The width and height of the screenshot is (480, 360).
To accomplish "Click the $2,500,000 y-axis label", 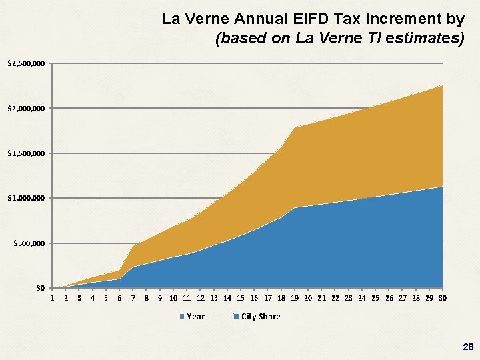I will [25, 64].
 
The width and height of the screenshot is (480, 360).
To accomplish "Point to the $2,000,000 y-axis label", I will [25, 109].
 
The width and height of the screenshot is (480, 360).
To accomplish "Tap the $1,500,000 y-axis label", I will [25, 154].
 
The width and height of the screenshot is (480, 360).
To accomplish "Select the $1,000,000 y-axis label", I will [25, 199].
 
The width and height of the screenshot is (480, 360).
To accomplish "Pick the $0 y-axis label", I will [40, 288].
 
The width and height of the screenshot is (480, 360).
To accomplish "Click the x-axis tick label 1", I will [52, 298].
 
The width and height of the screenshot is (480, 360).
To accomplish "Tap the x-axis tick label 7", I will [133, 298].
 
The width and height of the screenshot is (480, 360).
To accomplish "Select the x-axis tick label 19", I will [295, 298].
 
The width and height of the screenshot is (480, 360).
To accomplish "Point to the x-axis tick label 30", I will [443, 298].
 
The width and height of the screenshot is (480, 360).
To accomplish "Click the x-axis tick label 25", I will [375, 298].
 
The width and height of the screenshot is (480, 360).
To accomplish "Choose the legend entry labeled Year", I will [195, 317].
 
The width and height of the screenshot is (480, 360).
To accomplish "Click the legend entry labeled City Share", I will [260, 317].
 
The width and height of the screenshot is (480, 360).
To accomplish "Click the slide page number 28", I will [467, 347].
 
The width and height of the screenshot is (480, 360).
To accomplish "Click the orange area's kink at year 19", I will [295, 127].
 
